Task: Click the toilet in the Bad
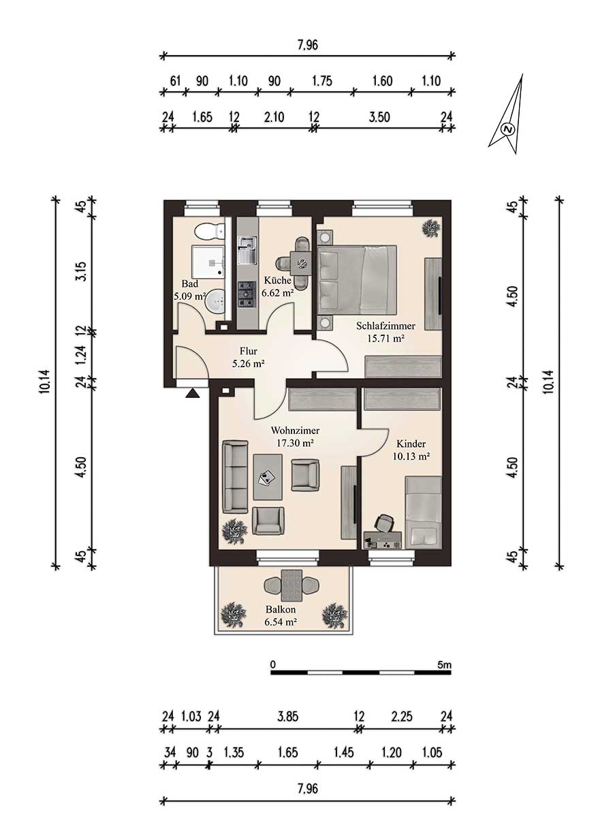pyautogui.click(x=210, y=232)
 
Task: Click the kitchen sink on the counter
pyautogui.click(x=247, y=250)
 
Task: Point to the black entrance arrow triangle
pyautogui.click(x=193, y=393)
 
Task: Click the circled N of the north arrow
pyautogui.click(x=508, y=129)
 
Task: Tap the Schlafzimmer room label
pyautogui.click(x=386, y=326)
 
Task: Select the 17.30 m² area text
pyautogui.click(x=296, y=443)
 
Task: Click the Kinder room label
pyautogui.click(x=411, y=444)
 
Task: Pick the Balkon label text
pyautogui.click(x=281, y=609)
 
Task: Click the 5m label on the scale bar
pyautogui.click(x=445, y=664)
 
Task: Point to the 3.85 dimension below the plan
pyautogui.click(x=287, y=716)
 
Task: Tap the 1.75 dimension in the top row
pyautogui.click(x=322, y=81)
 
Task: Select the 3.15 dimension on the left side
pyautogui.click(x=82, y=271)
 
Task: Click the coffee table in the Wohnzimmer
pyautogui.click(x=268, y=477)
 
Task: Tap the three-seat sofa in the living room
pyautogui.click(x=235, y=477)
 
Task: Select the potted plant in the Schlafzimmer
pyautogui.click(x=431, y=228)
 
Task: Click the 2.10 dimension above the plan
pyautogui.click(x=274, y=117)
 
